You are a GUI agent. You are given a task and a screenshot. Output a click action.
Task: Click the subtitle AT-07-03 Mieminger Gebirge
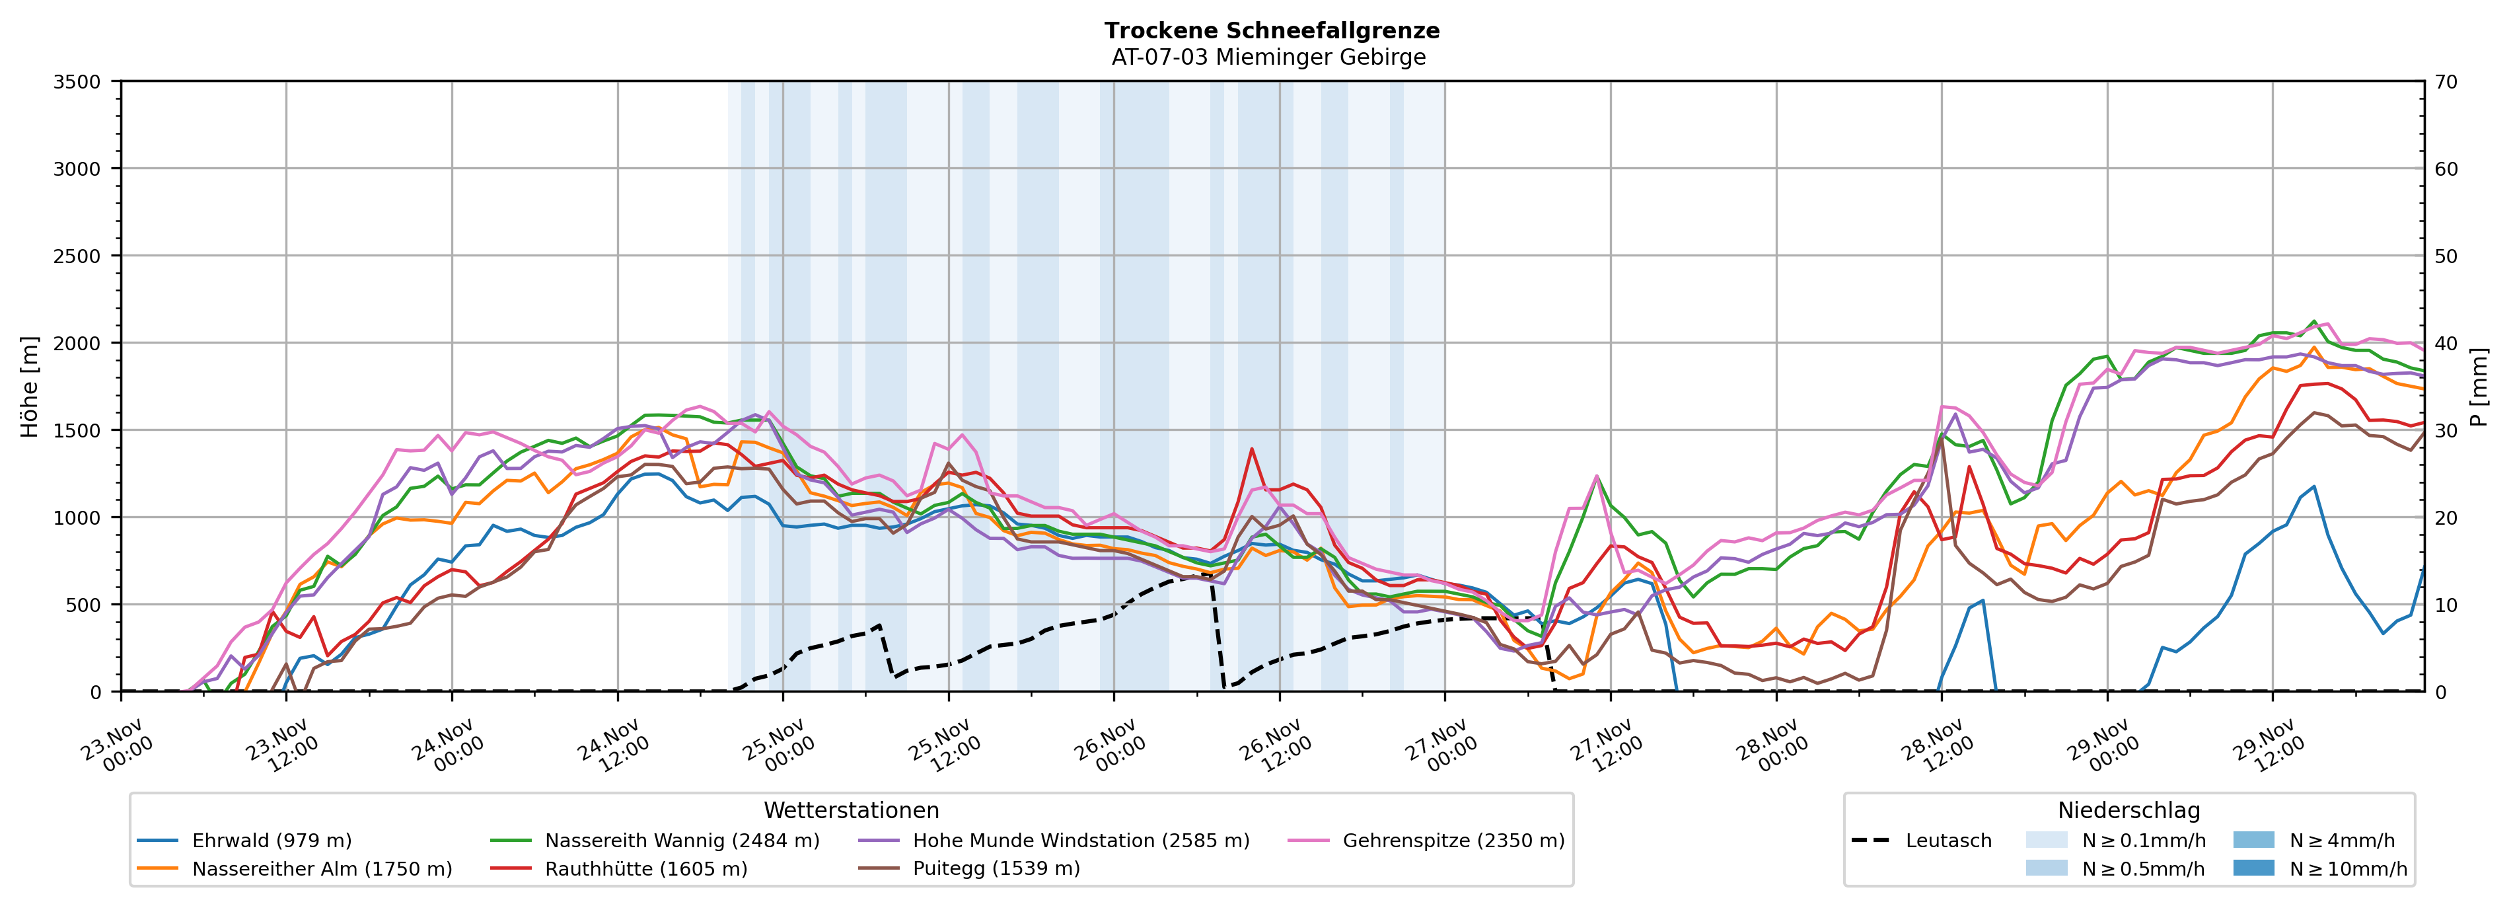click(1268, 57)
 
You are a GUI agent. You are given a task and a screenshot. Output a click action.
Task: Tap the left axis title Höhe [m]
click(29, 386)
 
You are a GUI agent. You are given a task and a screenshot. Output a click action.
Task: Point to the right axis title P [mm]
click(2480, 386)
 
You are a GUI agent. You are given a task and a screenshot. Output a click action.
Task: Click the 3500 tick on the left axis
click(77, 82)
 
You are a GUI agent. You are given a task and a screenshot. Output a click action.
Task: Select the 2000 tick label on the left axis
click(77, 343)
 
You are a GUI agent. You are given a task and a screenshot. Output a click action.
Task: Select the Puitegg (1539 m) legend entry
click(996, 869)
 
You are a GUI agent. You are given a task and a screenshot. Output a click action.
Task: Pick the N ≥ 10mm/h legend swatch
click(2253, 868)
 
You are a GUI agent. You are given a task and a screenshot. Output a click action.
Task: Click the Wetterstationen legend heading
click(851, 810)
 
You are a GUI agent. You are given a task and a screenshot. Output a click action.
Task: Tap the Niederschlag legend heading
click(2128, 810)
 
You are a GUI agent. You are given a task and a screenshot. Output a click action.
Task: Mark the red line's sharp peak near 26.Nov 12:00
click(1252, 449)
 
